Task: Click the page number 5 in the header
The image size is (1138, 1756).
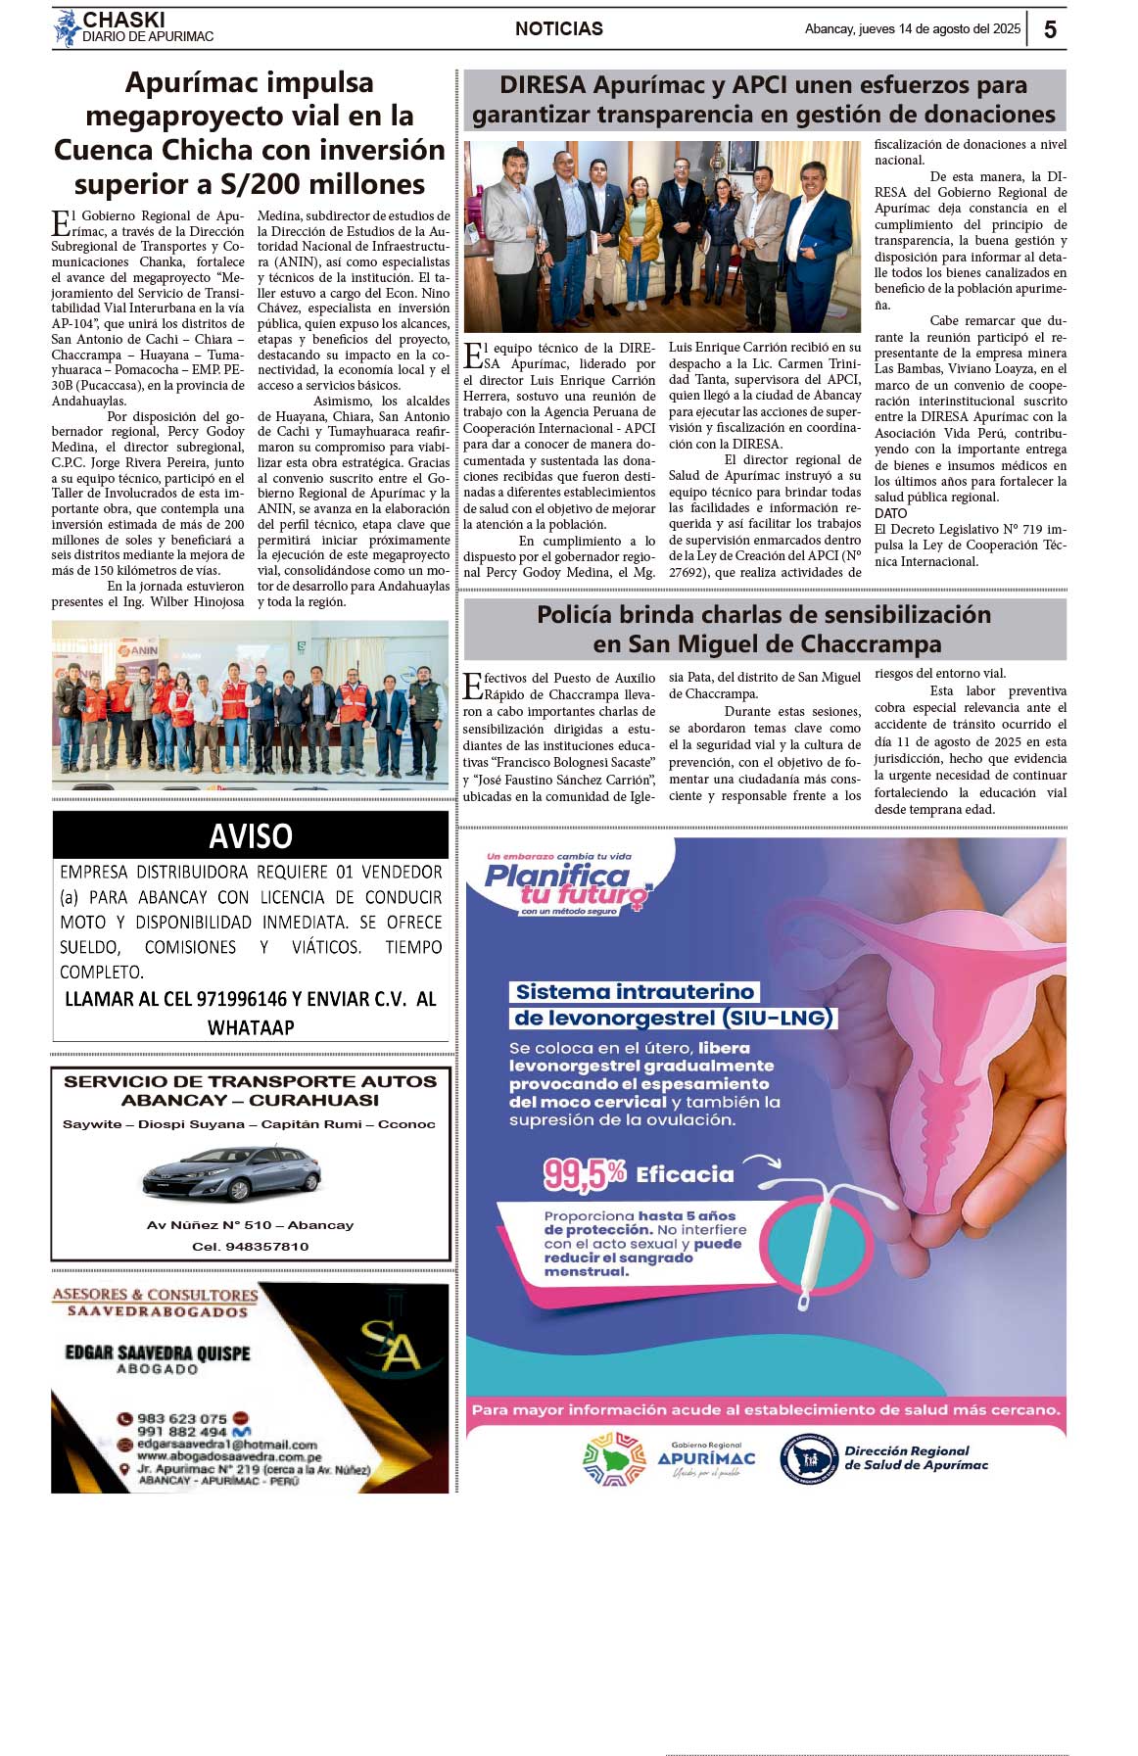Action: (1050, 29)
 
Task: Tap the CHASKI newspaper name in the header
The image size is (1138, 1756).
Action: (123, 20)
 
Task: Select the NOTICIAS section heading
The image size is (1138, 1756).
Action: (559, 29)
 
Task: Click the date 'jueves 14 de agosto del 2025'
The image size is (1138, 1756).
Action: (939, 29)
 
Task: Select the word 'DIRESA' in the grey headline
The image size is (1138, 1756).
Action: (543, 85)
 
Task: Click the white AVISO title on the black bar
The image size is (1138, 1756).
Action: (251, 835)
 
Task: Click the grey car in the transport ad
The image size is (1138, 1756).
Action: (232, 1172)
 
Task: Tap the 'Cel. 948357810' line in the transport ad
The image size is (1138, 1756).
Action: (251, 1247)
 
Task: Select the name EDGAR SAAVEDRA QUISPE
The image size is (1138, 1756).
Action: (158, 1353)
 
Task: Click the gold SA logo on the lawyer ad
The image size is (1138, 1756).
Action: (391, 1346)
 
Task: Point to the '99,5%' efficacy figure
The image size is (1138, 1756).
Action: (584, 1173)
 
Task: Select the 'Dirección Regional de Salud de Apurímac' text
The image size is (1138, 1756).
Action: (916, 1458)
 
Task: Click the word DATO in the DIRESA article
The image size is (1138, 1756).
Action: (891, 513)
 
